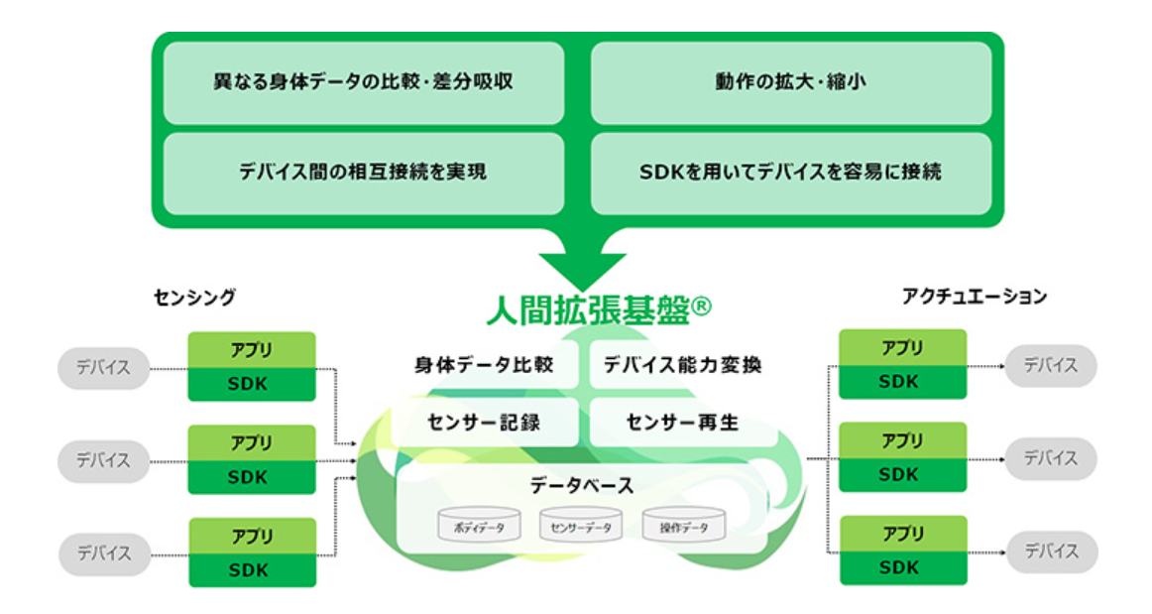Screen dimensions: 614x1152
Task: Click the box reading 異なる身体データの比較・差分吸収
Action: pos(363,82)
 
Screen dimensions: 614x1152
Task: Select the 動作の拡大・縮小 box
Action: pos(790,82)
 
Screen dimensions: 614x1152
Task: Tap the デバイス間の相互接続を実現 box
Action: pos(363,173)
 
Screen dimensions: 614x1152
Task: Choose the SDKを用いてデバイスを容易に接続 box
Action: pos(790,173)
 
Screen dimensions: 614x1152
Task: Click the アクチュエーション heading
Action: pos(974,296)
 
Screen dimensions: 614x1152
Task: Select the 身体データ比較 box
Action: pos(484,365)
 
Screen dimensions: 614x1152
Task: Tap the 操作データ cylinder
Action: pos(683,527)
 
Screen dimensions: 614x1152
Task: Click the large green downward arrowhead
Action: pos(582,269)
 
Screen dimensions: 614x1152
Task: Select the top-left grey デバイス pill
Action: pos(103,367)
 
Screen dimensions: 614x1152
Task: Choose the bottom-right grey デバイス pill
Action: pos(1050,551)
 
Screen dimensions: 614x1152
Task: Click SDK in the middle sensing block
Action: pos(252,477)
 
